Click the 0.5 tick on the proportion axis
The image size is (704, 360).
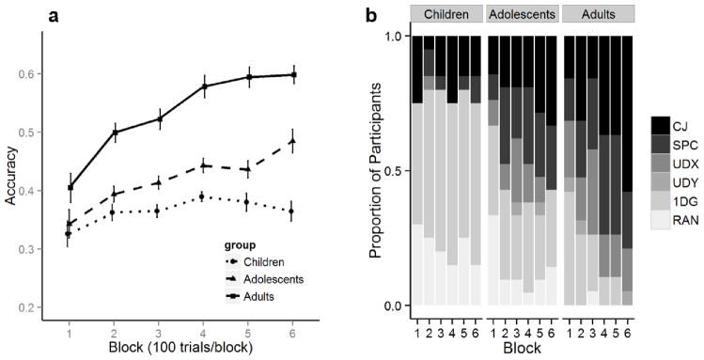point(399,170)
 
